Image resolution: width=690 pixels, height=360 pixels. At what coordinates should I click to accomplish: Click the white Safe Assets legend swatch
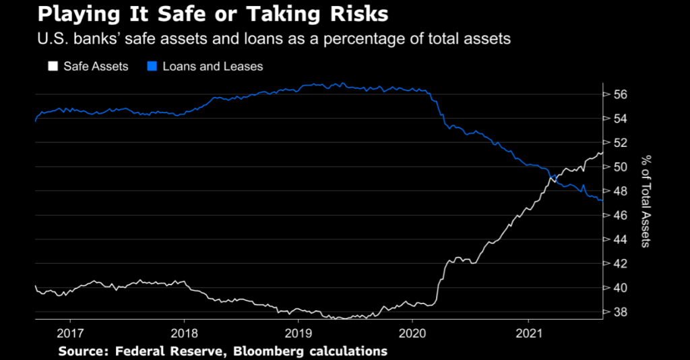pos(51,66)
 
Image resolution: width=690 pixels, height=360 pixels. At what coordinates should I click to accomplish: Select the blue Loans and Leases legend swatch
pos(152,66)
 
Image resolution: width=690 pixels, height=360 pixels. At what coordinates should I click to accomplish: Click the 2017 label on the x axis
pos(70,332)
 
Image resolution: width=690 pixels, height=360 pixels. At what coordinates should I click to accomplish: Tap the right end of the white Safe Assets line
pos(602,152)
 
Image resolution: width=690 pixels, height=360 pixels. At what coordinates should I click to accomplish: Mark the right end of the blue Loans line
pos(602,200)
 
